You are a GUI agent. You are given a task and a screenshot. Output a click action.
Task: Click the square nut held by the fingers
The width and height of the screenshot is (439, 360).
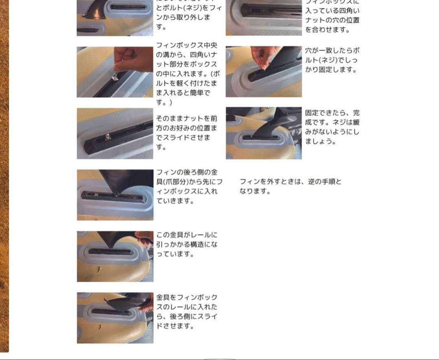115,76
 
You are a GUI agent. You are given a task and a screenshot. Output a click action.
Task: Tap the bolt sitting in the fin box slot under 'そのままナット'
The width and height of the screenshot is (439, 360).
108,137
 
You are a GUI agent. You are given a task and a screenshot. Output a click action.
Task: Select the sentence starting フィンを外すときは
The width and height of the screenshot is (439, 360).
290,187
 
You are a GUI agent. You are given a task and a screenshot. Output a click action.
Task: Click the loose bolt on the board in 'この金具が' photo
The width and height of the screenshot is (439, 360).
99,269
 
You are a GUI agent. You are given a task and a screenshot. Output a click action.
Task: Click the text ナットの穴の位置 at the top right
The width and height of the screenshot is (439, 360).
332,20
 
